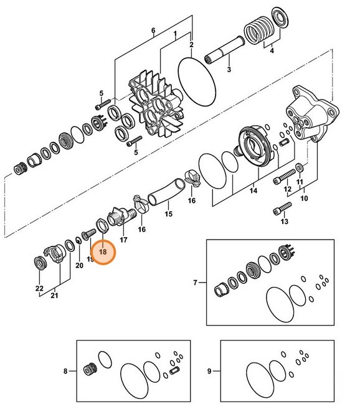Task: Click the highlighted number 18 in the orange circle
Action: [x=103, y=253]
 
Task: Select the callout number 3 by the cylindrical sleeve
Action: [x=229, y=70]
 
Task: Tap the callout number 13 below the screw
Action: [x=285, y=221]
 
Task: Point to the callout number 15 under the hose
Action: [x=168, y=214]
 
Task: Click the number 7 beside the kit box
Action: [x=194, y=283]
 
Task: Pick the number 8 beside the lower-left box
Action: [x=65, y=372]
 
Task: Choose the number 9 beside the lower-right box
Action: [x=209, y=372]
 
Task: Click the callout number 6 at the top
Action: [x=153, y=31]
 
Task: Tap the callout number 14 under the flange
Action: [x=253, y=192]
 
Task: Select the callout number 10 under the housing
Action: [x=305, y=199]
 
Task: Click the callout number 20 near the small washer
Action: [x=79, y=265]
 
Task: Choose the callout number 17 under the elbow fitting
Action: [x=123, y=239]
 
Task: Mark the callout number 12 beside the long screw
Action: [x=288, y=189]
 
